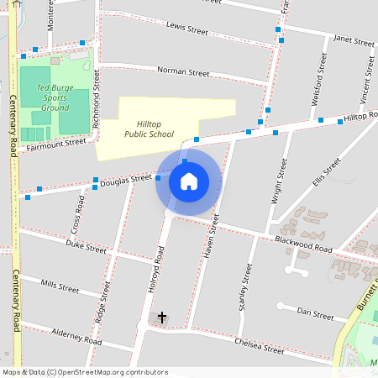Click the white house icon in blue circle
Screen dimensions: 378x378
[x=188, y=181]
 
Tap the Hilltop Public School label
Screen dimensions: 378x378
[x=149, y=128]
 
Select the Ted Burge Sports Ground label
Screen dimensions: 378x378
[x=55, y=97]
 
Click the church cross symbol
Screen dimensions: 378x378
[x=161, y=318]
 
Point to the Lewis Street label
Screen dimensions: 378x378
[x=186, y=29]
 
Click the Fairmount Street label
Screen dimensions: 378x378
[x=56, y=144]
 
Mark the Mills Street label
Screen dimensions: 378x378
[x=60, y=286]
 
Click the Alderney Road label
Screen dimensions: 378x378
[x=76, y=337]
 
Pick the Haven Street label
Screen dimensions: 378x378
[x=211, y=235]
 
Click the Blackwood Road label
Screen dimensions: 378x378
[x=303, y=244]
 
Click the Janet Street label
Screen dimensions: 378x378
[x=354, y=40]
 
